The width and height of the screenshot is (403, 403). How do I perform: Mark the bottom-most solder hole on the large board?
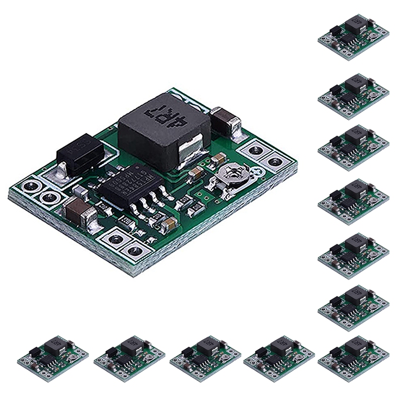[135, 250]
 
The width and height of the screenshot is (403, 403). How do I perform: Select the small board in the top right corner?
[354, 36]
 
